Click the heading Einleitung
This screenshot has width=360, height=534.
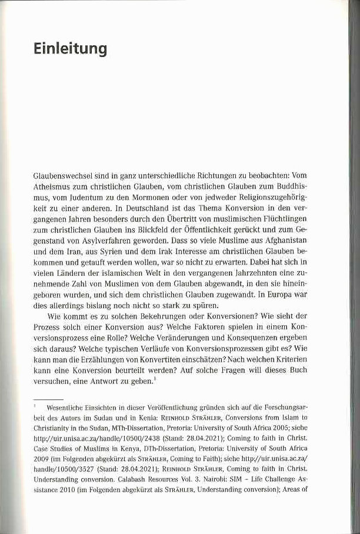pyautogui.click(x=70, y=49)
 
